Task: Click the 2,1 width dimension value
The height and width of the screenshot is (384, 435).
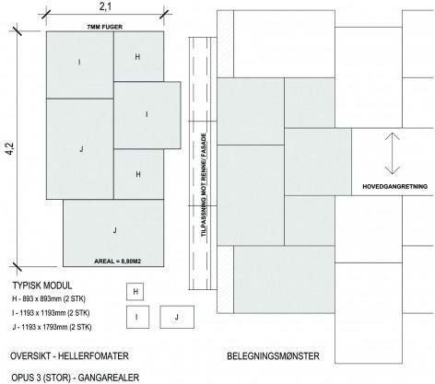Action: (x=105, y=6)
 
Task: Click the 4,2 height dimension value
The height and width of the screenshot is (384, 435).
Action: (x=10, y=148)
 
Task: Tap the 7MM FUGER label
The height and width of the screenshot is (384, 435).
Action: (x=105, y=27)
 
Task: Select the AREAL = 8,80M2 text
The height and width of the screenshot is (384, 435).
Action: (x=117, y=262)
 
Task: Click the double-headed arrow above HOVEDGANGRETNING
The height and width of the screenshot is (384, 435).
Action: (x=393, y=153)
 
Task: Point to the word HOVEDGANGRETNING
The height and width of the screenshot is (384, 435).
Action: (x=394, y=186)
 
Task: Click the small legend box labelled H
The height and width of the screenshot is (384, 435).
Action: (x=135, y=292)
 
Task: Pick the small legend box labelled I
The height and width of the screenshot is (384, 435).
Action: (x=137, y=317)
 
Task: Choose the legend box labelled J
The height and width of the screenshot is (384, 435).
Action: (x=177, y=317)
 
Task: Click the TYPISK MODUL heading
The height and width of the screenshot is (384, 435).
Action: (x=42, y=285)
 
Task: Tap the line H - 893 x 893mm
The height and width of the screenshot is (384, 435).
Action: (x=49, y=298)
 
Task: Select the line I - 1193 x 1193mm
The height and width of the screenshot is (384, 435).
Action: (x=51, y=313)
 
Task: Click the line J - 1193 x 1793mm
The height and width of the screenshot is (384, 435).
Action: (x=52, y=327)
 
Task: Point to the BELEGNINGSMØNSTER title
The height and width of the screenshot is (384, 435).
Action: (x=273, y=356)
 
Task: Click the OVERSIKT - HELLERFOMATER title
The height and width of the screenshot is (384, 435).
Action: (x=69, y=356)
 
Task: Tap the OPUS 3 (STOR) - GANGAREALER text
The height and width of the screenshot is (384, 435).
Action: (x=75, y=378)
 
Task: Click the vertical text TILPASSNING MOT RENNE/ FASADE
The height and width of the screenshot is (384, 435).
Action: (x=204, y=184)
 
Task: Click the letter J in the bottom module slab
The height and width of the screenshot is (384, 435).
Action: (x=115, y=230)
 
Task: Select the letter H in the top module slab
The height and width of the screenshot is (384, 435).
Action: (x=137, y=57)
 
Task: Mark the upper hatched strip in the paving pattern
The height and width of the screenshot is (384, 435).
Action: (x=225, y=44)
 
